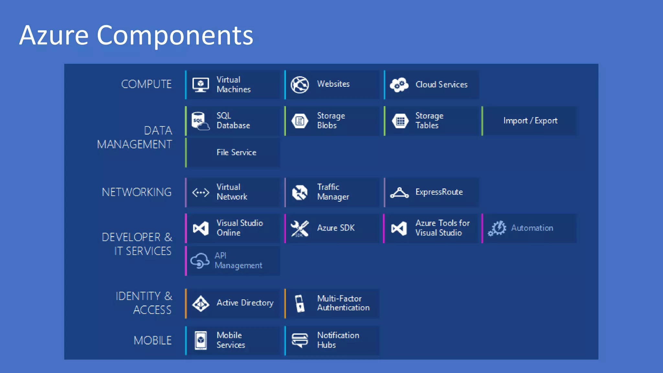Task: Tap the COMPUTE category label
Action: (x=146, y=84)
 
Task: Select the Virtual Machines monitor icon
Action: (x=201, y=85)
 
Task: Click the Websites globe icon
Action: (x=300, y=85)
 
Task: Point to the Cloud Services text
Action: (x=441, y=85)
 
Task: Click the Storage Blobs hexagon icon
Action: (x=300, y=121)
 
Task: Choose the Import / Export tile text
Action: (x=530, y=121)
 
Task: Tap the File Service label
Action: (x=236, y=153)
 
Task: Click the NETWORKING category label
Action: (x=137, y=192)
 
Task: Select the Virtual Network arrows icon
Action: (x=201, y=193)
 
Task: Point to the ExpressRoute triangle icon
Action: (x=399, y=193)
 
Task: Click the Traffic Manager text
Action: (x=333, y=192)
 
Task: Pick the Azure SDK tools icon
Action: (x=300, y=229)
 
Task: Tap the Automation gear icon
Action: (x=497, y=228)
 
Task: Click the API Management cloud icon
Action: (x=200, y=261)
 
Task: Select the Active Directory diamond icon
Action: (x=201, y=303)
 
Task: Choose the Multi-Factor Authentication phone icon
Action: (x=300, y=303)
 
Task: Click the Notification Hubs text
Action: (x=338, y=340)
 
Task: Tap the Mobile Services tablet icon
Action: (x=201, y=340)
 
